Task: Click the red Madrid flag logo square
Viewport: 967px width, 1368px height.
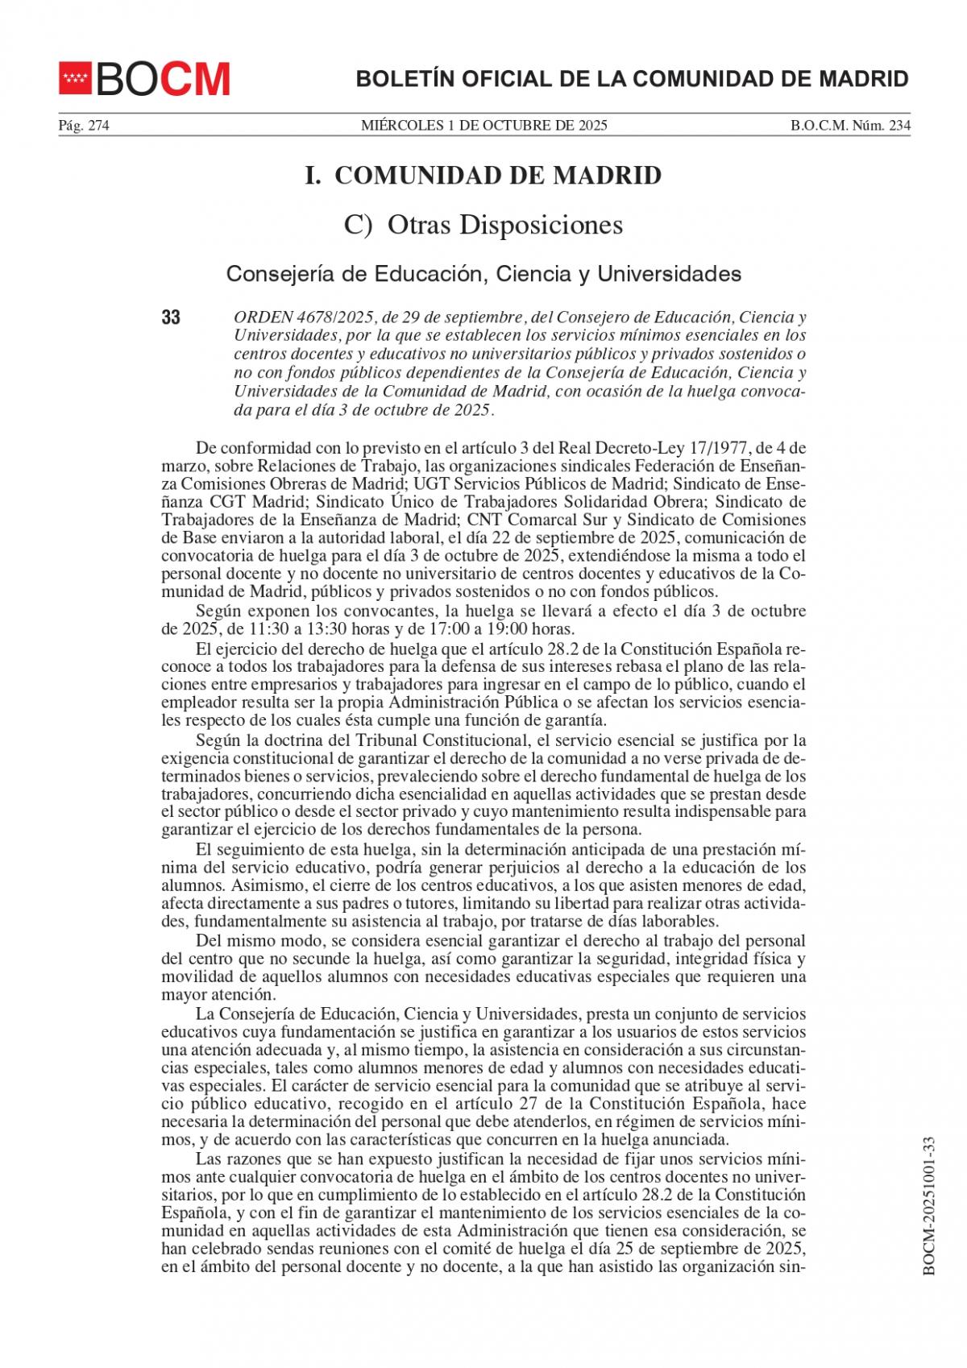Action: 75,78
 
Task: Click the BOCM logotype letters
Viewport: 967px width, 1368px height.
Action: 164,79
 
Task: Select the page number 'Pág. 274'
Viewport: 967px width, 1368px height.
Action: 83,126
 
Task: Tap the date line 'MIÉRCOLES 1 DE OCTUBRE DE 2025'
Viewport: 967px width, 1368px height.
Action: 483,126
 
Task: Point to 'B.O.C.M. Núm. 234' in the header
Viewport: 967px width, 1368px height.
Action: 849,126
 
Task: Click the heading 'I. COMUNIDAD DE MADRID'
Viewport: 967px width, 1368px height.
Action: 483,176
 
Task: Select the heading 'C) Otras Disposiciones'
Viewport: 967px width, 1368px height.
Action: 483,225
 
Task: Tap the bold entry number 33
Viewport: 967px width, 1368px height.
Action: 171,317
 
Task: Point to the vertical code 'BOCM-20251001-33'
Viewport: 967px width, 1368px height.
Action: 928,1206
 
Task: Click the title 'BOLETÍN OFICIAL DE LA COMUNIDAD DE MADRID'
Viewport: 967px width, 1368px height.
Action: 632,79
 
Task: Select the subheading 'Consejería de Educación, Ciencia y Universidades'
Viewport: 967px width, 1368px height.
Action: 483,274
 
